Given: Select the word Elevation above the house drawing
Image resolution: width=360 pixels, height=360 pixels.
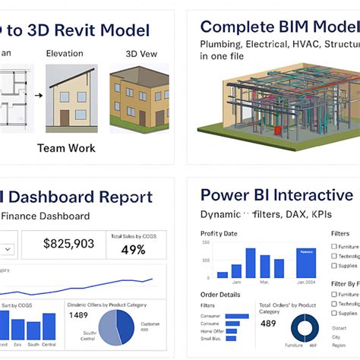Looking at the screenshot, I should click(x=65, y=54).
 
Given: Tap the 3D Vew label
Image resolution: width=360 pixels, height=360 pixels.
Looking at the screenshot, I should click(x=140, y=54).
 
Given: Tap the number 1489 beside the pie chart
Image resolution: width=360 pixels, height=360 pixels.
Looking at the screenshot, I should click(x=78, y=314).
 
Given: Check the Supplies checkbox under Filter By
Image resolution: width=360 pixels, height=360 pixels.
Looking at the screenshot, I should click(x=335, y=313).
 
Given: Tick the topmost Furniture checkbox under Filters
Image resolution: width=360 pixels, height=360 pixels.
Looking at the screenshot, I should click(x=335, y=247).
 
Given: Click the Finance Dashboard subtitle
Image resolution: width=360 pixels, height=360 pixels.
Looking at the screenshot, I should click(x=45, y=216).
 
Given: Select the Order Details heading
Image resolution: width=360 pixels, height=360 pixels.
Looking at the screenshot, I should click(x=220, y=295).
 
